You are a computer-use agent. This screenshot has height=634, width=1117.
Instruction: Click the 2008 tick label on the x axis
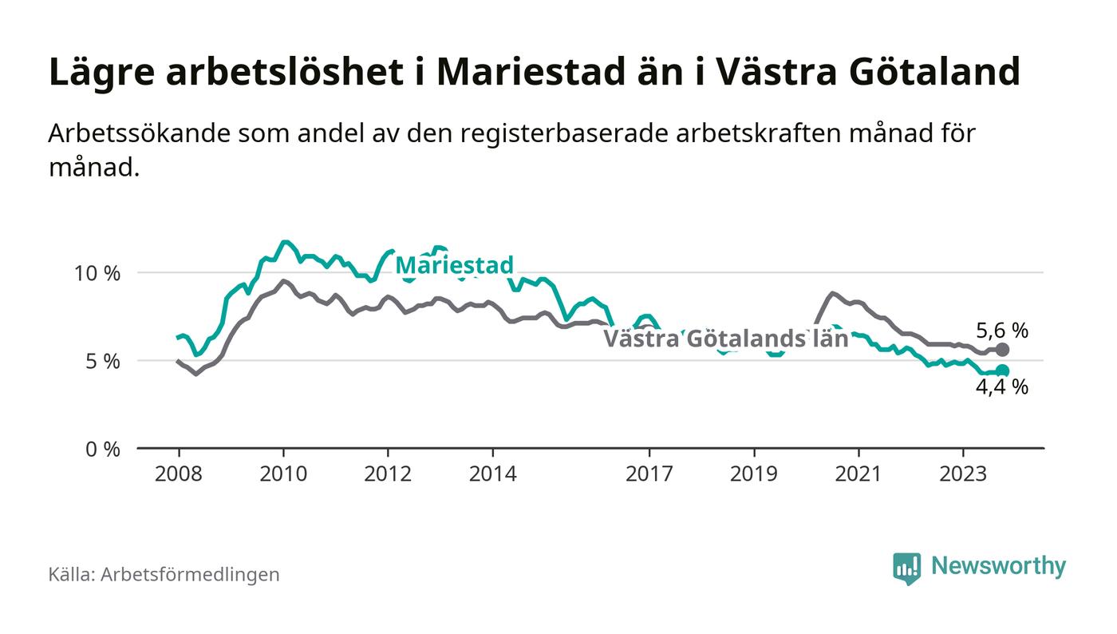(x=178, y=474)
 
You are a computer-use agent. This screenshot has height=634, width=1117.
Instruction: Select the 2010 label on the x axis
(x=283, y=474)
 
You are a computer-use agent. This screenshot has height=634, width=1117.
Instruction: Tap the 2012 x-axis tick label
(x=388, y=474)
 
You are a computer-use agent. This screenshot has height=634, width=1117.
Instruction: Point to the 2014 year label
(x=493, y=474)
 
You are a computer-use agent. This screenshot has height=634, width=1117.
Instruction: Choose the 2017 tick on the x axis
(x=649, y=474)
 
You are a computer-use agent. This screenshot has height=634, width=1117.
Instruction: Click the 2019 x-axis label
(x=754, y=474)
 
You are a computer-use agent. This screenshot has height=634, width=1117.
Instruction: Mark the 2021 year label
(x=858, y=474)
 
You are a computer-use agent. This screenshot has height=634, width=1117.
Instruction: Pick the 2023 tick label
(x=963, y=474)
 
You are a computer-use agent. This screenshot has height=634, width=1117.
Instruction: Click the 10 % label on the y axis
(x=97, y=273)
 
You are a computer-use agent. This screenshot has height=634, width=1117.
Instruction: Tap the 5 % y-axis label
(x=103, y=361)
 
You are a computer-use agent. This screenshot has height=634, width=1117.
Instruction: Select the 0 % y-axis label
(x=103, y=449)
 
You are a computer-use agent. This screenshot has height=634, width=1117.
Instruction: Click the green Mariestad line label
(x=454, y=265)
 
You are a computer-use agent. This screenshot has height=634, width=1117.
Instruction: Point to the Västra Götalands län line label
(x=724, y=339)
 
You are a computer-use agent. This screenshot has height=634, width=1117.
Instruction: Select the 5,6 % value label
(x=1002, y=331)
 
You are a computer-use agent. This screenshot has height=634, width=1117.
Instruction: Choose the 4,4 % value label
(x=1002, y=388)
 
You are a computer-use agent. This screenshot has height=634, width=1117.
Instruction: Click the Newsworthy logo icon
(x=906, y=568)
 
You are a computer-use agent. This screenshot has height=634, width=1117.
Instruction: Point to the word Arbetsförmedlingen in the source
(x=190, y=574)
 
